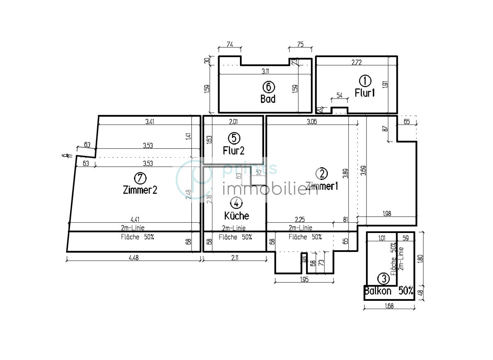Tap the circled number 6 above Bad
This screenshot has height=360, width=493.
pos(268,87)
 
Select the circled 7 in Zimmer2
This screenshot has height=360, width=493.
pos(140,178)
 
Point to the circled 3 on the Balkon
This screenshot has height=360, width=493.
pos(384,279)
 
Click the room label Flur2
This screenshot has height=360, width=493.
pos(233,151)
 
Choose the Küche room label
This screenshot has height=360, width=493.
pos(236,215)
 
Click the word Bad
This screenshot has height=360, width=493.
pos(268,99)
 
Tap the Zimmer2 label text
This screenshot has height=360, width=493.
pos(140,190)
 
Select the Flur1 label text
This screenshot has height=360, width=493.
pos(365,93)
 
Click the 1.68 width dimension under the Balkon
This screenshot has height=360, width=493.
pos(389,305)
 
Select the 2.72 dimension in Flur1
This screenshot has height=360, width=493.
pos(357,63)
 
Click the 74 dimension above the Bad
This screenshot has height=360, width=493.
pos(230,45)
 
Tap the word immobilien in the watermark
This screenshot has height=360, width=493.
pos(270,190)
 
